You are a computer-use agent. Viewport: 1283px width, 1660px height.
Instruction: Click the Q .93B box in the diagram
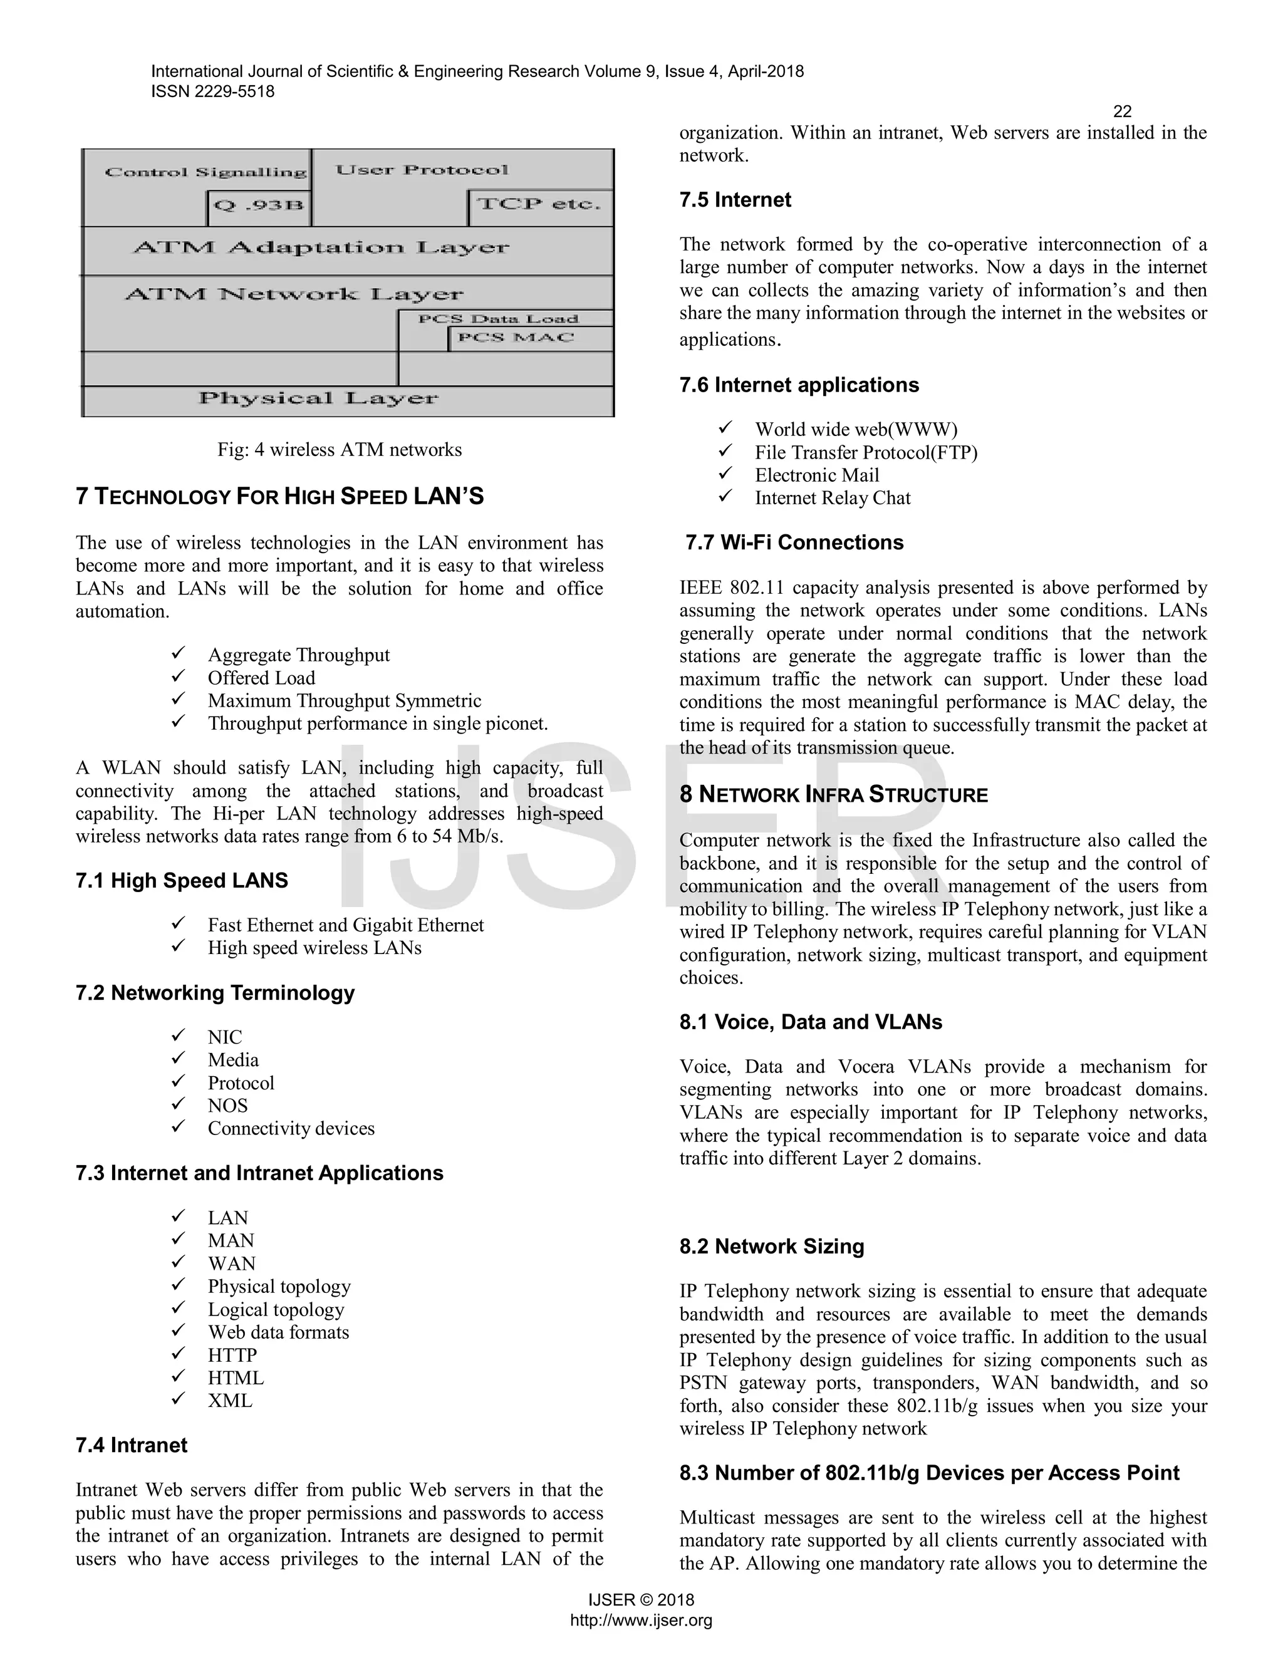pos(259,206)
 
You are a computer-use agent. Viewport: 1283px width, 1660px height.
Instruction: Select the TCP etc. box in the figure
pos(539,204)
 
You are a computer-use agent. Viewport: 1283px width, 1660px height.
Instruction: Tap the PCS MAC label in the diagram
pos(516,338)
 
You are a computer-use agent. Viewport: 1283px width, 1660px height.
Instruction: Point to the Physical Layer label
pos(318,398)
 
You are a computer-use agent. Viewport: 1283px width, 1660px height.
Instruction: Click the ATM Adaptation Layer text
pos(321,248)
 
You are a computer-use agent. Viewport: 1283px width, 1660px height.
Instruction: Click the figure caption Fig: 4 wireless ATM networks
pos(339,450)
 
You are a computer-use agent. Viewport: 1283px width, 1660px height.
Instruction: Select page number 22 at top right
pos(1122,112)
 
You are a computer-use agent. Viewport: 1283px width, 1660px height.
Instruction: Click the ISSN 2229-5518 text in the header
pos(213,92)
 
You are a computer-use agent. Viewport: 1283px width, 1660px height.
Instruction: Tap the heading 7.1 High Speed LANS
pos(182,881)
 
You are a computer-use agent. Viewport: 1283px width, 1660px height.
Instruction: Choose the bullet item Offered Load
pos(261,678)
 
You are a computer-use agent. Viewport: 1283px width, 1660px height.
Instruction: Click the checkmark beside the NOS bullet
pos(178,1104)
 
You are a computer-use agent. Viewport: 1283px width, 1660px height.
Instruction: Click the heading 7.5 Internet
pos(735,200)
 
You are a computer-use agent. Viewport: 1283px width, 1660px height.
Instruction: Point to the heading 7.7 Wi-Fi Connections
pos(794,542)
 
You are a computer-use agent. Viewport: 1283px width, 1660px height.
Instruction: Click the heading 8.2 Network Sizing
pos(771,1247)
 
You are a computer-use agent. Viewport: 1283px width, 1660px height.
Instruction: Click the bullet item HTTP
pos(232,1355)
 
